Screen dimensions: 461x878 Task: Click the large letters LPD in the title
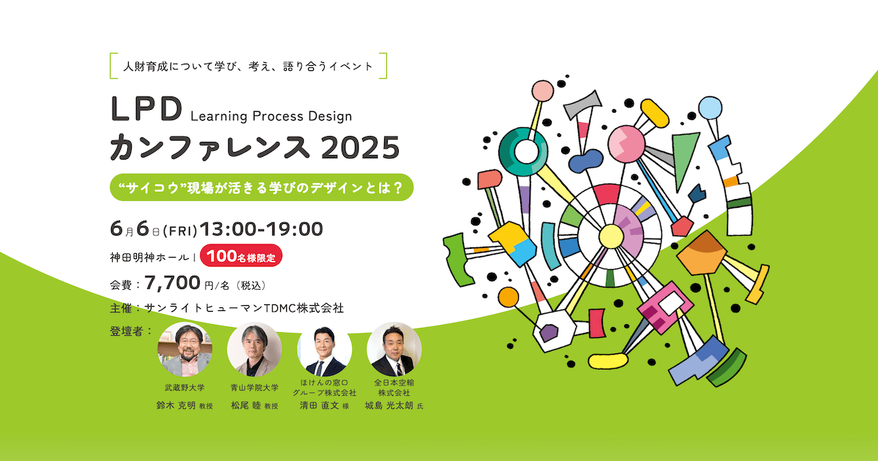point(145,109)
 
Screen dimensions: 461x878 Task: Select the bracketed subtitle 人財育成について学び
point(247,66)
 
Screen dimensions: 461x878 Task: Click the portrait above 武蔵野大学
point(186,349)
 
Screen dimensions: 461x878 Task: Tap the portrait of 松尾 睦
point(255,349)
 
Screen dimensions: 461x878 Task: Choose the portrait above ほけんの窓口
point(325,349)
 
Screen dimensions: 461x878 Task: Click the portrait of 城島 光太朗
point(394,349)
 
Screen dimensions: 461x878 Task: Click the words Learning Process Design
point(271,116)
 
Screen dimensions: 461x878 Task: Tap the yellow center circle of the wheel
point(609,236)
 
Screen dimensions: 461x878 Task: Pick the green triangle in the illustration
point(685,155)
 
